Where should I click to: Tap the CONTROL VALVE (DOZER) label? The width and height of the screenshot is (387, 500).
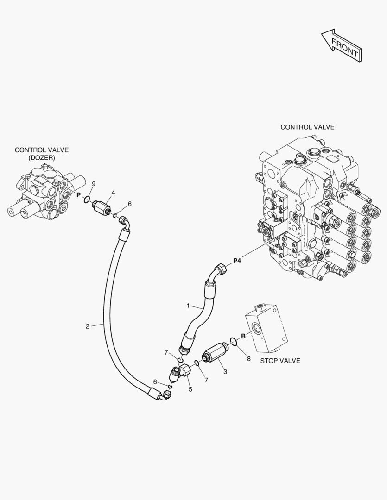coord(42,154)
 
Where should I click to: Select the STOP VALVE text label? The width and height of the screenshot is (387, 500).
coord(280,361)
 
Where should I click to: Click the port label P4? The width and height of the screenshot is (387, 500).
coord(237,261)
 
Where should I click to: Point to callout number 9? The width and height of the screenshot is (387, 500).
coord(93,184)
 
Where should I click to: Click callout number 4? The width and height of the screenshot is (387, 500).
coord(113,193)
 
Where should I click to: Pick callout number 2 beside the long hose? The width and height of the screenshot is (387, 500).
coord(87,326)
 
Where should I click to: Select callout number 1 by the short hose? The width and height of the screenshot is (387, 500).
coord(188,306)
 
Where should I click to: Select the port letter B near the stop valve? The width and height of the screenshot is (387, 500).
coord(243,337)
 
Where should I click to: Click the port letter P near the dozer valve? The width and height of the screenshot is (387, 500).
coord(78,195)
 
